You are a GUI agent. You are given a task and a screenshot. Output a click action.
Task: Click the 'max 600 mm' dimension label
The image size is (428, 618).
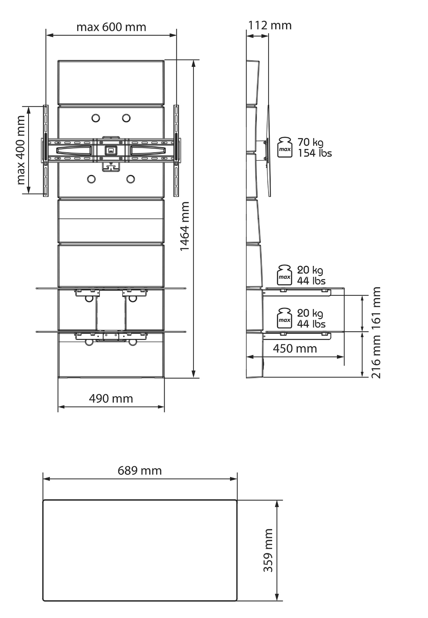(x=111, y=27)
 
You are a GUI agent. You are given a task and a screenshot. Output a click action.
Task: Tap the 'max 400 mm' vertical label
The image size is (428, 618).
(x=21, y=150)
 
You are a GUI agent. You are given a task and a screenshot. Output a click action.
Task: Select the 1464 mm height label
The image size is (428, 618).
(x=185, y=226)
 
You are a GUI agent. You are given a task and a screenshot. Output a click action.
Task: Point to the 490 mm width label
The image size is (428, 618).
(x=111, y=398)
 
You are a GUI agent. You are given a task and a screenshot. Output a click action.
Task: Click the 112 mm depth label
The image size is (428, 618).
(x=270, y=25)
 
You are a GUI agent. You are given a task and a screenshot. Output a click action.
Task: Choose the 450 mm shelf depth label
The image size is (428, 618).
(x=295, y=348)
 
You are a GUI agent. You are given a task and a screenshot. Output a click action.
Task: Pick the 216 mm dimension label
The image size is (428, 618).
(x=376, y=357)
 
